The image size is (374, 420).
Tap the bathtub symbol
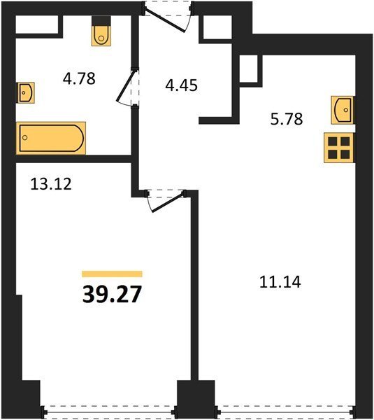[51, 138]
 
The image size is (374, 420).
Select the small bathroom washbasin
[27, 92]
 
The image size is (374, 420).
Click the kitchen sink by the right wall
[342, 110]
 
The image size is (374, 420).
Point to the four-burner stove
[339, 148]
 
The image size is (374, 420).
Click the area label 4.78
[79, 78]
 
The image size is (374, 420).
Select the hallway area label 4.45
[181, 85]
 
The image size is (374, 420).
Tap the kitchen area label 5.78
[287, 119]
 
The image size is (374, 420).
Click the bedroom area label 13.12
[51, 184]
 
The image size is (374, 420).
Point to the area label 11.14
[280, 282]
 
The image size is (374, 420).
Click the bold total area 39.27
[112, 294]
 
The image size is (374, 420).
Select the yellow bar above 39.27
[112, 274]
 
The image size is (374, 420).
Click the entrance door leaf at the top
[165, 20]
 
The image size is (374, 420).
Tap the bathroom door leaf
[126, 85]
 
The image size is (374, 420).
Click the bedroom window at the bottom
[108, 412]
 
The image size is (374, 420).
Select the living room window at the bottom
[285, 412]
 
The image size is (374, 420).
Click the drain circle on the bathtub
[25, 138]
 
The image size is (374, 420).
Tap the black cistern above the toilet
[101, 21]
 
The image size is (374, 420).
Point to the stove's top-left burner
[333, 141]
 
